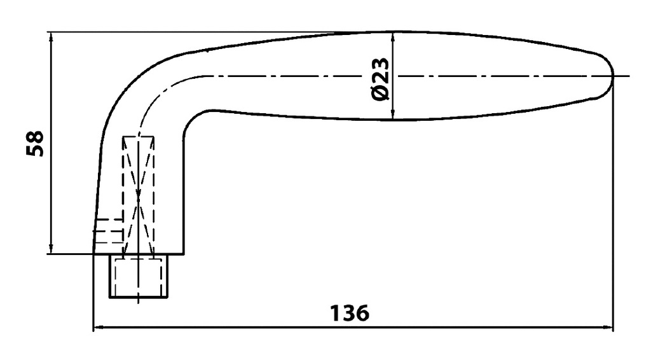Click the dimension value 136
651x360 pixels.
(350, 314)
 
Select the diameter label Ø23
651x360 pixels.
(380, 79)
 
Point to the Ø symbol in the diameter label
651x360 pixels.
(380, 93)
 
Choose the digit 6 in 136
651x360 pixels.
(360, 314)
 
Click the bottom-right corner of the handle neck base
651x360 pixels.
(183, 254)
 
